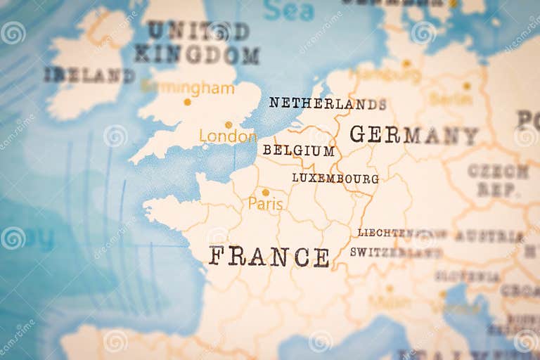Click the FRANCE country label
[269, 257]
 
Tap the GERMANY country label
[413, 134]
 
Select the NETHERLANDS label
[328, 103]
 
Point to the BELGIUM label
[298, 150]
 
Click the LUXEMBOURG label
[335, 179]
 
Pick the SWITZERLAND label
[396, 252]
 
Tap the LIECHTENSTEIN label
[401, 233]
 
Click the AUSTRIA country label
[489, 236]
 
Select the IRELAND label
[89, 75]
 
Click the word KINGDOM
[197, 54]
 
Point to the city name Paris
[266, 205]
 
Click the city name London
[227, 136]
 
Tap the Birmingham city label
[187, 89]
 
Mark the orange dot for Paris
[266, 192]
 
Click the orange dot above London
[229, 124]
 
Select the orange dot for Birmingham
[187, 101]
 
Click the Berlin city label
[451, 99]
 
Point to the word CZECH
[499, 172]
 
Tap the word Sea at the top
[288, 11]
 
